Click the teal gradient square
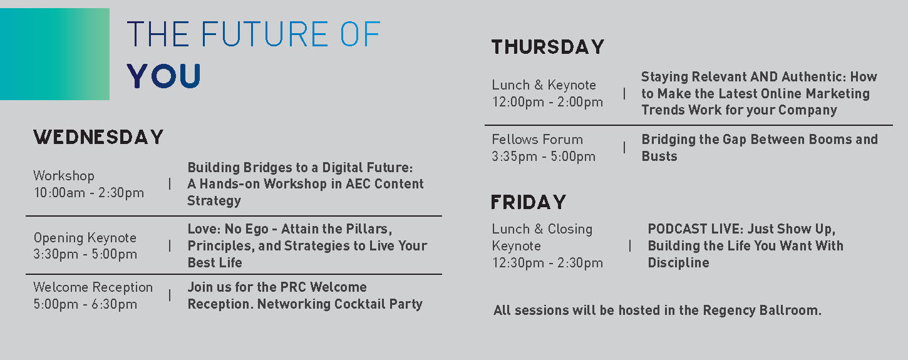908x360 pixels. (54, 54)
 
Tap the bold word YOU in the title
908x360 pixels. (164, 76)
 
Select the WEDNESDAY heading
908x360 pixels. (98, 137)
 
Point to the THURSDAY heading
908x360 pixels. (548, 46)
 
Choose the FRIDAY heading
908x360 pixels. (528, 202)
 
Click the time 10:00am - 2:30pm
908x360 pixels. (89, 193)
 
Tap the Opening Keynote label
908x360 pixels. (85, 237)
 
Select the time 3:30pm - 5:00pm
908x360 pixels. (85, 254)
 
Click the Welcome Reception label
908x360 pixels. (93, 287)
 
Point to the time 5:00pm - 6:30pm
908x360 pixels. (85, 304)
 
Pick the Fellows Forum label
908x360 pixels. (537, 140)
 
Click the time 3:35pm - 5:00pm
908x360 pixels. (544, 156)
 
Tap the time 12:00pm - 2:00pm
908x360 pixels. (548, 102)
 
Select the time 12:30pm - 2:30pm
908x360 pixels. (548, 263)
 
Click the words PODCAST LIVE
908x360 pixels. (695, 229)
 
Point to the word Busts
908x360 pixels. (659, 156)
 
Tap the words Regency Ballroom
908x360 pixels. (762, 310)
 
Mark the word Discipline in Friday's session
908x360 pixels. (679, 263)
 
